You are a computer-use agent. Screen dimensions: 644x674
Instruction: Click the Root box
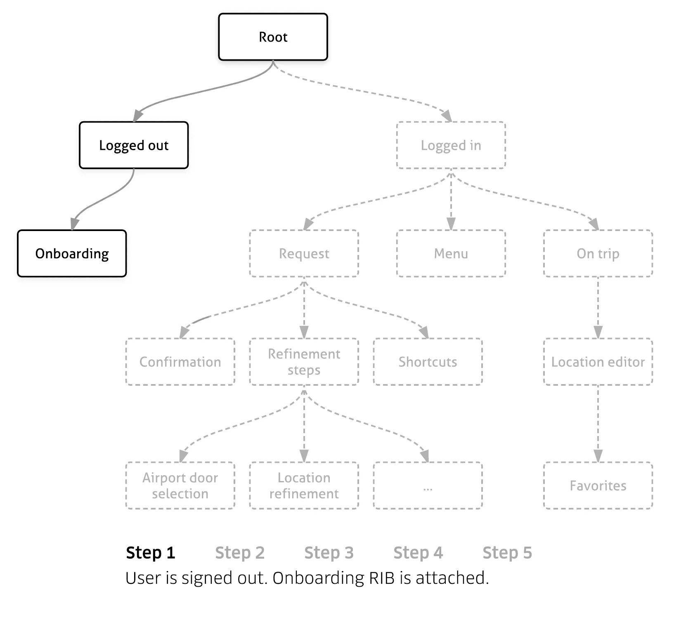[273, 37]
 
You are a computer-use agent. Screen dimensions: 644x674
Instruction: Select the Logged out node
[134, 145]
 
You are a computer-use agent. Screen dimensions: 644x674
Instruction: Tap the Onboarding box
[72, 253]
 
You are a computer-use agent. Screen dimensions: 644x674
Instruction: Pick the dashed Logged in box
[451, 145]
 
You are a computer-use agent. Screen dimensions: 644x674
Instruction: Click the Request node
[304, 253]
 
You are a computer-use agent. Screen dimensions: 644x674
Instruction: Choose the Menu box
[451, 253]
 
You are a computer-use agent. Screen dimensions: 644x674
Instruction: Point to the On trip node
[598, 253]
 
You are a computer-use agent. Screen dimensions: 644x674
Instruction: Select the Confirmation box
[180, 362]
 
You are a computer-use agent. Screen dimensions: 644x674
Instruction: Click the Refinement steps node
[304, 362]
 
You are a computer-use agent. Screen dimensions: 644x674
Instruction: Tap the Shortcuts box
[428, 362]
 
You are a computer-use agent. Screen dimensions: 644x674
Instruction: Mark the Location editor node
[598, 362]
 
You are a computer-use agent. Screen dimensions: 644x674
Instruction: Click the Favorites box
[598, 486]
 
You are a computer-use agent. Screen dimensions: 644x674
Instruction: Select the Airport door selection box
[180, 486]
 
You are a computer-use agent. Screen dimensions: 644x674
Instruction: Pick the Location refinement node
[304, 486]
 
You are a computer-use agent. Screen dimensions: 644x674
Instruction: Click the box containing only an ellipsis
[428, 486]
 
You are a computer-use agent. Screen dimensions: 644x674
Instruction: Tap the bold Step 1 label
[151, 553]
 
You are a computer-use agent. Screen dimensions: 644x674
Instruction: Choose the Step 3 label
[329, 553]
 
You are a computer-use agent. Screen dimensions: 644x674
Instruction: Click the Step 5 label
[507, 553]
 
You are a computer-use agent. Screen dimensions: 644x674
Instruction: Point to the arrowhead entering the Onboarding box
[74, 224]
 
